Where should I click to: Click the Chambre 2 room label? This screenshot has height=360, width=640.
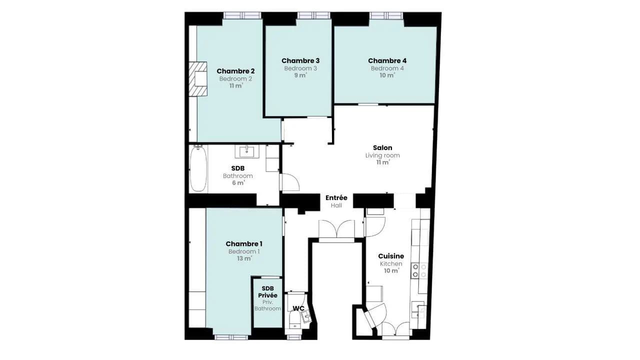click(x=235, y=71)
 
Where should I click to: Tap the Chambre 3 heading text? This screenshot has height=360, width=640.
click(x=300, y=61)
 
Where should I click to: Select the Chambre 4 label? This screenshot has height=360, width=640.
click(x=387, y=61)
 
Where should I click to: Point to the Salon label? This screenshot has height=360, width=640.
click(x=382, y=147)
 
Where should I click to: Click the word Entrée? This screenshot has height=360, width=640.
click(x=336, y=197)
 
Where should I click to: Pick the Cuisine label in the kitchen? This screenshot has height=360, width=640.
click(x=391, y=256)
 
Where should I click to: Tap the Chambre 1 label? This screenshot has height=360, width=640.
click(x=244, y=243)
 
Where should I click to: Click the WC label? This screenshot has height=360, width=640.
click(x=298, y=308)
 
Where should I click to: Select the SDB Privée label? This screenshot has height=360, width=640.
click(x=267, y=292)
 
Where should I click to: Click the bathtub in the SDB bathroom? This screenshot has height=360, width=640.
click(x=198, y=169)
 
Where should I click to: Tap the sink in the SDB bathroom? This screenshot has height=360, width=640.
click(x=247, y=151)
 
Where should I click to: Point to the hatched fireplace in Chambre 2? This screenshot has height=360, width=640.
click(x=198, y=79)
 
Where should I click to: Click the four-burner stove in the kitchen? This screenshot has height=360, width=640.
click(x=419, y=271)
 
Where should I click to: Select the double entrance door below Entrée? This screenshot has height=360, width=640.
click(x=337, y=230)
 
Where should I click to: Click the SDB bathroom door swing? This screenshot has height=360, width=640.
click(x=290, y=182)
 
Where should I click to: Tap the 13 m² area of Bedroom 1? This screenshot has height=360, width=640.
click(x=244, y=258)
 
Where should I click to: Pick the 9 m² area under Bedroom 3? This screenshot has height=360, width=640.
click(x=300, y=75)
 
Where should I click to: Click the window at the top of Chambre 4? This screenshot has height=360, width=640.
click(x=386, y=15)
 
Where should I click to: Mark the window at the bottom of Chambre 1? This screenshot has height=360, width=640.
click(x=231, y=337)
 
